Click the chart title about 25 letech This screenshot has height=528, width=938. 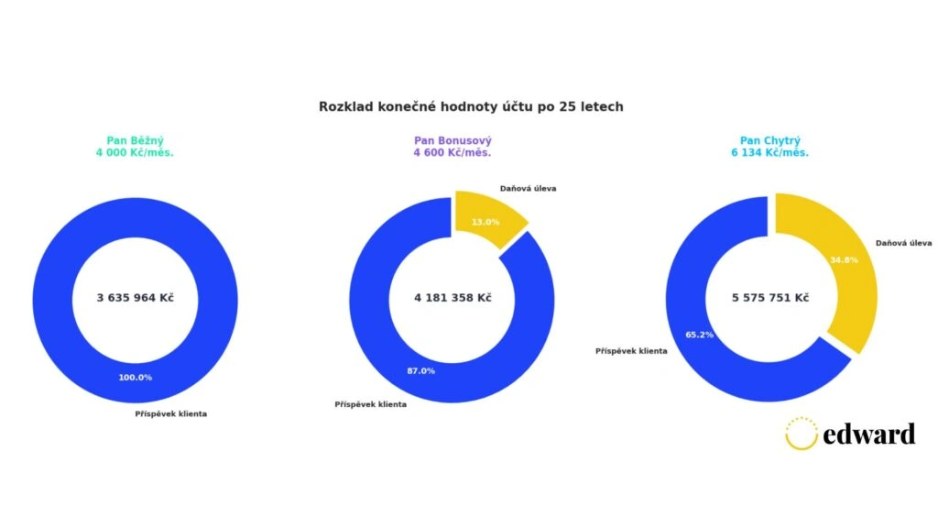[x=471, y=106]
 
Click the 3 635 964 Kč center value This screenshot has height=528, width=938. [x=135, y=297]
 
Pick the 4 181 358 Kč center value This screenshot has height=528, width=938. [x=453, y=297]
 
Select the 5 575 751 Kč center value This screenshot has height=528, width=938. [x=769, y=297]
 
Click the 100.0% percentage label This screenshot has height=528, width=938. [x=135, y=378]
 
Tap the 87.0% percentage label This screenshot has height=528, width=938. [x=420, y=371]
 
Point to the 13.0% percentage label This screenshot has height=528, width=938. [x=485, y=222]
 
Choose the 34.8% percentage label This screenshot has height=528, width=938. [x=843, y=260]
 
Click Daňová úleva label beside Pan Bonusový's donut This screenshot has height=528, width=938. [x=528, y=188]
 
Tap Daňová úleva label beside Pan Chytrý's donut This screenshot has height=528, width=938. [x=903, y=243]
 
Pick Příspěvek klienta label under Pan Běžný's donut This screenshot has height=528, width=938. [x=170, y=413]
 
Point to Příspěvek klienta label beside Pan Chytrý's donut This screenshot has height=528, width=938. [x=631, y=350]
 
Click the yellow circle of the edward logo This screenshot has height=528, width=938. [x=801, y=434]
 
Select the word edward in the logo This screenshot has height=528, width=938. [x=869, y=434]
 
